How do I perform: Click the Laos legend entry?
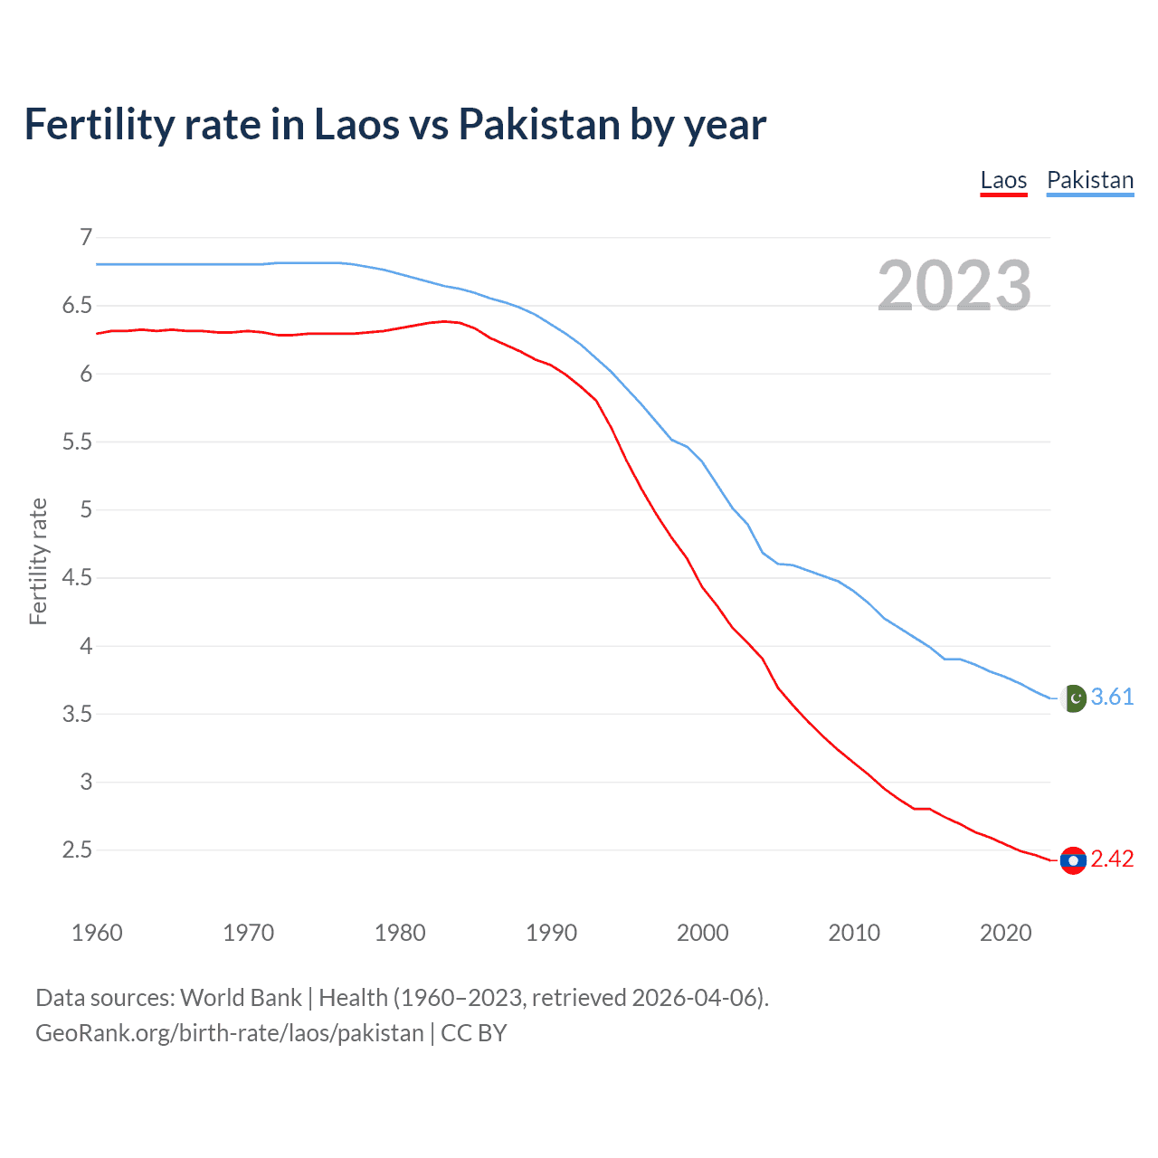[x=1003, y=180]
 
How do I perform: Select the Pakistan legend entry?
[x=1089, y=180]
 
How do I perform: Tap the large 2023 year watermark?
[x=954, y=286]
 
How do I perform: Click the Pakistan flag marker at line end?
[x=1073, y=698]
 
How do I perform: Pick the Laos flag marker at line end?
[x=1073, y=860]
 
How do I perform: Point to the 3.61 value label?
[x=1112, y=697]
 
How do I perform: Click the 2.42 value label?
[x=1112, y=859]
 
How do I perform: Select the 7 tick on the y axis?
[x=86, y=238]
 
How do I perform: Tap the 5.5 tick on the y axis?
[x=78, y=441]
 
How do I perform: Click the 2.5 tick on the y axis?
[x=78, y=850]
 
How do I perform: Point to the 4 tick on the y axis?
[x=86, y=646]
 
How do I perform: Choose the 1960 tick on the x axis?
[x=97, y=933]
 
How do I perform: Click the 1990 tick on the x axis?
[x=551, y=933]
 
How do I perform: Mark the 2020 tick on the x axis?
[x=1005, y=933]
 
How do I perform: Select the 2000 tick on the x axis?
[x=702, y=933]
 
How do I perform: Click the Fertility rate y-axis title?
[x=38, y=561]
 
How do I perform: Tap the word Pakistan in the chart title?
[x=539, y=125]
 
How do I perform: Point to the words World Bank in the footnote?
[x=241, y=998]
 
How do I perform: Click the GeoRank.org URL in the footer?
[x=230, y=1033]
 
